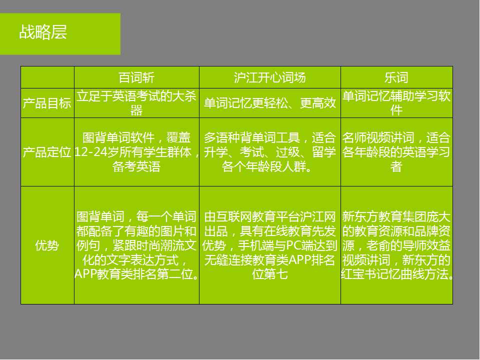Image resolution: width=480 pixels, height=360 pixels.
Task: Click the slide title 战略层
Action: (43, 33)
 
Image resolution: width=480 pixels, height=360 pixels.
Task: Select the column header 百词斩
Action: (136, 77)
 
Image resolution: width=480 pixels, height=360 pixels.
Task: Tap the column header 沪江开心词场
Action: (269, 77)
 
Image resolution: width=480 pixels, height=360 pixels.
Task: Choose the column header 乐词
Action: (396, 77)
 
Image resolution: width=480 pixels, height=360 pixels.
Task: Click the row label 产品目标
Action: (47, 103)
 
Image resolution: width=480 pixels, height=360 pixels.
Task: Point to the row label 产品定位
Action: (47, 152)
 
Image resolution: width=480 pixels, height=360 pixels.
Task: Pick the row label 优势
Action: (47, 245)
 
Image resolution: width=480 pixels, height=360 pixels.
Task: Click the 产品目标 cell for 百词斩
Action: (136, 103)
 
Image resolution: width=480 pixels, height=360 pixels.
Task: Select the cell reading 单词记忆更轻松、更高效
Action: (269, 103)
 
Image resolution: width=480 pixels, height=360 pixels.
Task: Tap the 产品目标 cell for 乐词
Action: (396, 103)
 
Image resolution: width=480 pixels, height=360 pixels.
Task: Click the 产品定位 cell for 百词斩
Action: (136, 152)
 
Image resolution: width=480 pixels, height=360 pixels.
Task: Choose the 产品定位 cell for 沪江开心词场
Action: (269, 152)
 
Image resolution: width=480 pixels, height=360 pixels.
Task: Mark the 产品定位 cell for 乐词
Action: (396, 152)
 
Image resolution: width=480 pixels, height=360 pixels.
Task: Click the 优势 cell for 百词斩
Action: (136, 245)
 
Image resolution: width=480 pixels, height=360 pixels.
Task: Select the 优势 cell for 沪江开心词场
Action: (269, 245)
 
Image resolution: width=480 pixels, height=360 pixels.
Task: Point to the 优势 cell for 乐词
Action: (396, 245)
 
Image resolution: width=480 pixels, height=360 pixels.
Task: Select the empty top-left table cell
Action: (47, 77)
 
